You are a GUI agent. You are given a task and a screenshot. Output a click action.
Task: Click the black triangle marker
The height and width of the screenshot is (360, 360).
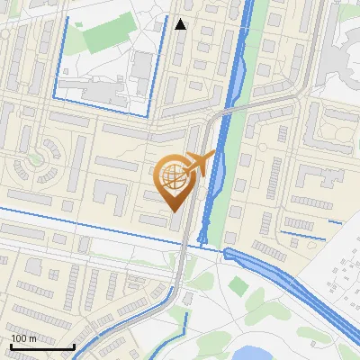pos(181,24)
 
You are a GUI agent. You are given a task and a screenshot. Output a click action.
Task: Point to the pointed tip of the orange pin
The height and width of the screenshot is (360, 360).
pos(173,211)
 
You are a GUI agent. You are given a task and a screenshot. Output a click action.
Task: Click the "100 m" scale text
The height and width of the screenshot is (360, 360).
pos(23,337)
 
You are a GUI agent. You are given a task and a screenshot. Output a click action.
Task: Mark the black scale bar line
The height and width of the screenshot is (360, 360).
pos(42,346)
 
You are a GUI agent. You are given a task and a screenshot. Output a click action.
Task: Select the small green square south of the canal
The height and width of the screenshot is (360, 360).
pos(238,286)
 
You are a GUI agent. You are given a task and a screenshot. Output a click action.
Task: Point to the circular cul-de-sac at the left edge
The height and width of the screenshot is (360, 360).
pos(34,163)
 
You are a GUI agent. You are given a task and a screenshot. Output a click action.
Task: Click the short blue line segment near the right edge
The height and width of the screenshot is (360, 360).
pos(335,221)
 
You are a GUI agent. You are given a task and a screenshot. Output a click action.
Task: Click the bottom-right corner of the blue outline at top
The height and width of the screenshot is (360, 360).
pos(149,115)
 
